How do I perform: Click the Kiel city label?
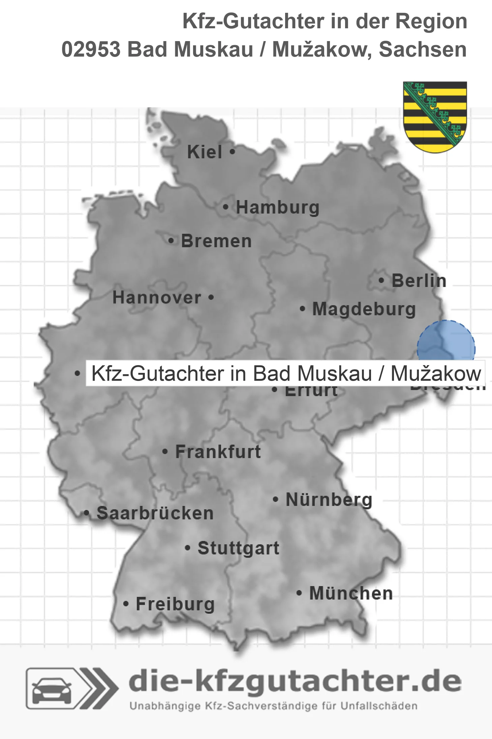205,152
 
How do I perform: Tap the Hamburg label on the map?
277,207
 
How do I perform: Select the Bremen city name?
216,241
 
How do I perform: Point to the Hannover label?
157,298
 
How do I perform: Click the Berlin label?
419,281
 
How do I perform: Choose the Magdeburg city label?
364,309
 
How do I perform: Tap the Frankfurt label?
218,452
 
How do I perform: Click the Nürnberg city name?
329,500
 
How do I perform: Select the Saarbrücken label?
155,513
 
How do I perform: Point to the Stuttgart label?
238,548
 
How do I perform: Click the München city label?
351,593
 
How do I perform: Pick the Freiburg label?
175,604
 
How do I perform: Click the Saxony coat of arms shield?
435,116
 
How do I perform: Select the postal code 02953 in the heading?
91,50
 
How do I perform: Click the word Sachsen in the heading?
423,50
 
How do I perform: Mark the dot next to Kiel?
232,152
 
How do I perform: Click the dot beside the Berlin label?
381,280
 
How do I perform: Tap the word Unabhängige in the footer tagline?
165,706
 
